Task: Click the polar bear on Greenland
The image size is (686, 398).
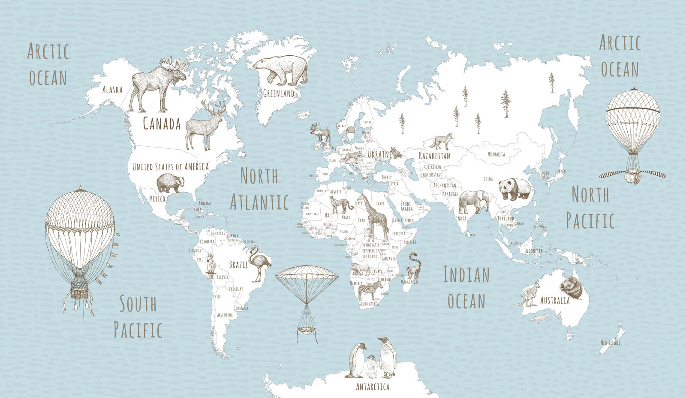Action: coord(281,69)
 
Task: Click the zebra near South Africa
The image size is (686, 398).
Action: coord(370,289)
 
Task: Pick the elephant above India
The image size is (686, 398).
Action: coord(473,201)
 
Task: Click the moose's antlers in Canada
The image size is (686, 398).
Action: coord(175,65)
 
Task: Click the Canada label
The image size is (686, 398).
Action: coord(162,124)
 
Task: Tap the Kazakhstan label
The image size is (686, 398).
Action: coord(434,156)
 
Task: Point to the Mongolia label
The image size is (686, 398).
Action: coord(496,154)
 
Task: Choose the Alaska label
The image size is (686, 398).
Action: coord(112,90)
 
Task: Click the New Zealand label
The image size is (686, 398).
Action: coord(611,343)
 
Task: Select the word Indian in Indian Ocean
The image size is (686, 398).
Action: coord(466,274)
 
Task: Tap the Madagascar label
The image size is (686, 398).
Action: coord(409,282)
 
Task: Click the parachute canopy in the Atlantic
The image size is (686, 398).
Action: coord(306,273)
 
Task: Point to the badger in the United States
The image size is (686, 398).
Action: coord(170,183)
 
